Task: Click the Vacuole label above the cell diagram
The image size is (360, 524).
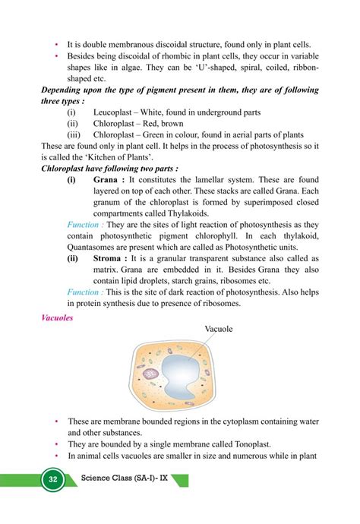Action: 218,329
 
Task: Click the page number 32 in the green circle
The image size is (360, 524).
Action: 52,480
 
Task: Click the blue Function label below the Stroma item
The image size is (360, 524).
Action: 85,292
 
